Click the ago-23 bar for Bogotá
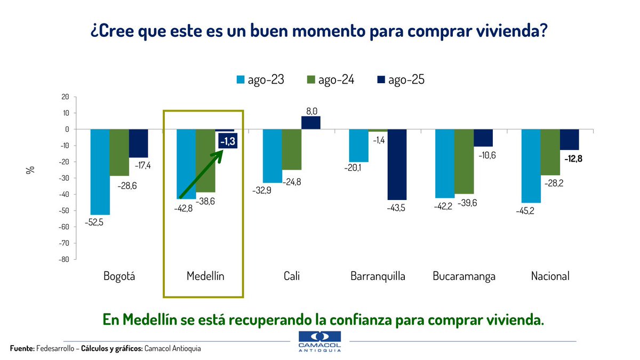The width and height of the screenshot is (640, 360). click(100, 172)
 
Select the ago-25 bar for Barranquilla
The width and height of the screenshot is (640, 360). click(397, 164)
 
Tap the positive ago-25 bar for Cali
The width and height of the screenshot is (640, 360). click(311, 123)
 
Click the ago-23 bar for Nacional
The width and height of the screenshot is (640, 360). click(531, 166)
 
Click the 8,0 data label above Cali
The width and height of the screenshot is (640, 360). click(311, 110)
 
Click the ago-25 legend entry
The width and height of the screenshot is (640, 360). click(399, 80)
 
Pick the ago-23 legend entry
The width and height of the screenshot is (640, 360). click(260, 80)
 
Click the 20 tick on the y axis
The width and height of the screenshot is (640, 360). click(65, 97)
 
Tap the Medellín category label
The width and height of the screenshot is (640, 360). click(205, 276)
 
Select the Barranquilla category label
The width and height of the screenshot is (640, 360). click(378, 276)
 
